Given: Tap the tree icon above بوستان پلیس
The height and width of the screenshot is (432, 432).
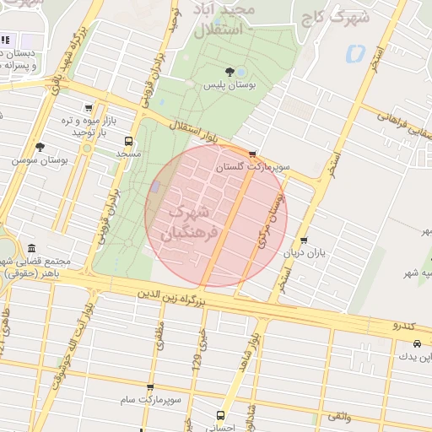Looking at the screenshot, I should (x=229, y=71).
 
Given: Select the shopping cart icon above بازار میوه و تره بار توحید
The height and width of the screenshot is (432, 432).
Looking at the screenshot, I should (x=89, y=107).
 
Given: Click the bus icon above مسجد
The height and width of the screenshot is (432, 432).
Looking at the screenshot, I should (x=128, y=141).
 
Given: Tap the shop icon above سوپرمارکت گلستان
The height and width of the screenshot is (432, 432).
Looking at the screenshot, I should (x=252, y=154).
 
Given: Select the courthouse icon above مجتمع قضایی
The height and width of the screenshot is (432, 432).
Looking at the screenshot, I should (x=32, y=249).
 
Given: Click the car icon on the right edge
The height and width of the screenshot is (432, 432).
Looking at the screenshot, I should (x=418, y=343).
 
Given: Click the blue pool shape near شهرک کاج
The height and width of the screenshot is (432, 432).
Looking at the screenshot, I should (x=354, y=54).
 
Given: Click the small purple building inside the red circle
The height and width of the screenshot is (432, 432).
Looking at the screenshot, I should (x=154, y=186).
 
